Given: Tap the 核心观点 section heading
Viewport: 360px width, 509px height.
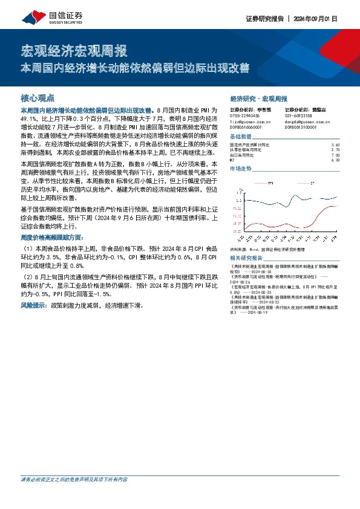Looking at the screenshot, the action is tap(38, 97).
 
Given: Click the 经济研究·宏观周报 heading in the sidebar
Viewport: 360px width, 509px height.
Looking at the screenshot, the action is tap(259, 98).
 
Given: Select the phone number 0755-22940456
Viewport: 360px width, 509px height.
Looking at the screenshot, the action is tap(244, 115).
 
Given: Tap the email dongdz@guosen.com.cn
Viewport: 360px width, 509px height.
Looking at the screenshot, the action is tap(304, 122).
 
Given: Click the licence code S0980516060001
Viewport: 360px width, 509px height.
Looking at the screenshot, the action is tap(246, 128).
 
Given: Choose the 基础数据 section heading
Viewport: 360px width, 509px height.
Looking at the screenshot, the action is tap(242, 137).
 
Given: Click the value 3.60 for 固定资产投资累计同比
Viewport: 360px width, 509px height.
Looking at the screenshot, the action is tap(336, 146).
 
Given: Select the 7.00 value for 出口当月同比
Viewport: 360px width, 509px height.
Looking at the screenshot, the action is tap(336, 155).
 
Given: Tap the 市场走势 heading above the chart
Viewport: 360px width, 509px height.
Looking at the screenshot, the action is tap(242, 169).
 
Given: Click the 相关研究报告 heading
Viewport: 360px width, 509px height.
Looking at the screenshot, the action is tap(246, 258).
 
